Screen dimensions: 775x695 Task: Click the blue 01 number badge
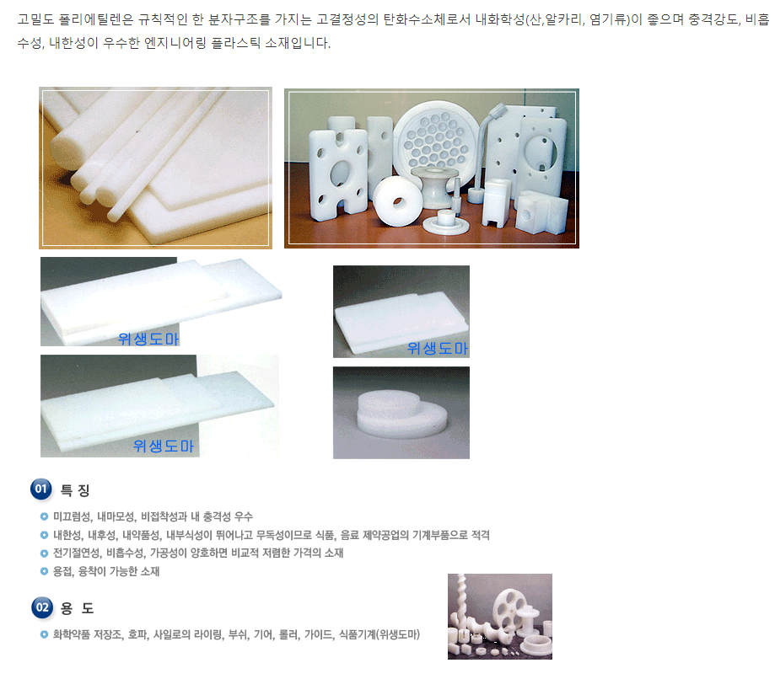(x=41, y=489)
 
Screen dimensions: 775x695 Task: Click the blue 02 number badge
(x=42, y=607)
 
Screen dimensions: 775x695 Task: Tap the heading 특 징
(x=75, y=490)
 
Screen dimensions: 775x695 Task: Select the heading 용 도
(x=77, y=608)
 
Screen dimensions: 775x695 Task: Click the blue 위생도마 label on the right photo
(x=438, y=348)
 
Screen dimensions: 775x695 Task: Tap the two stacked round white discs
(x=401, y=414)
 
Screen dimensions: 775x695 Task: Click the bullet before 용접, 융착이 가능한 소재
(x=44, y=572)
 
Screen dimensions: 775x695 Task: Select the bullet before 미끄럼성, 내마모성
(x=44, y=516)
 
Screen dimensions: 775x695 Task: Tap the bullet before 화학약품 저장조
(x=44, y=634)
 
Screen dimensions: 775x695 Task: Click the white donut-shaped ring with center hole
(x=398, y=200)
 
